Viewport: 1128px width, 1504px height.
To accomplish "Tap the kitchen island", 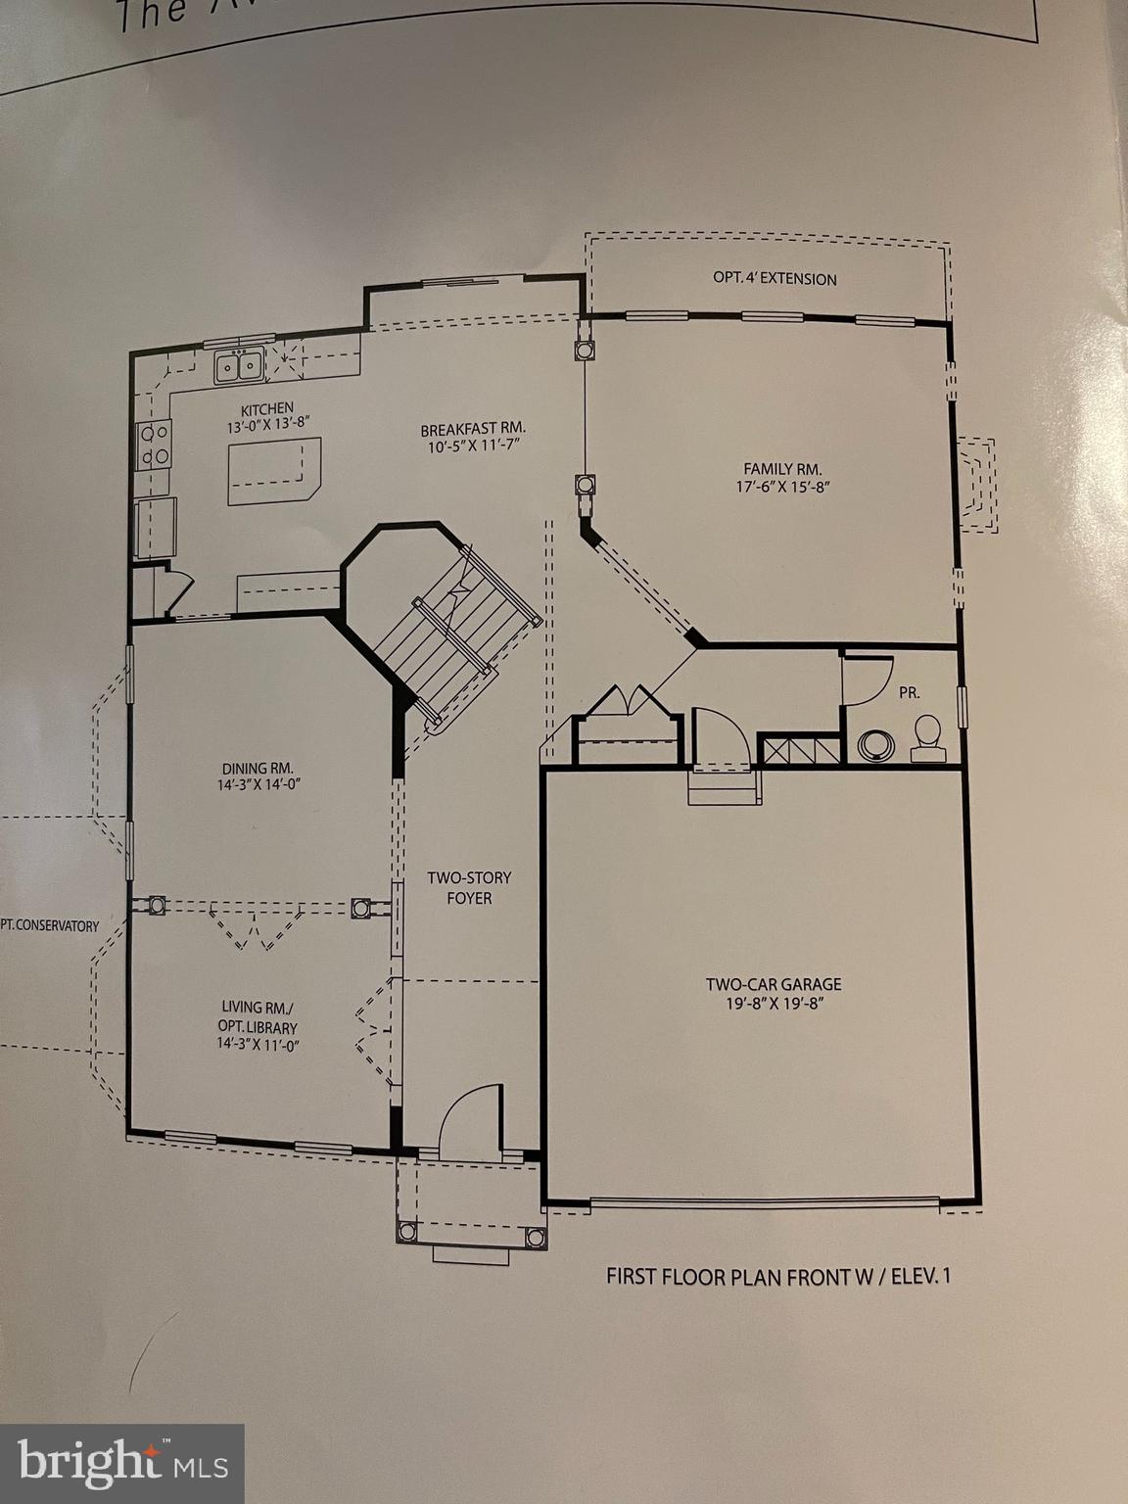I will point(273,471).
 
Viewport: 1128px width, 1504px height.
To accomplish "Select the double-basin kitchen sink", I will point(240,365).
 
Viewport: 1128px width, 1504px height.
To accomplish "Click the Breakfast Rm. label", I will point(473,430).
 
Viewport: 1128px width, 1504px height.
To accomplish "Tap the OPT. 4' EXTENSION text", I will point(775,279).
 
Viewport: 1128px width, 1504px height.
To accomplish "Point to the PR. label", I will point(909,692).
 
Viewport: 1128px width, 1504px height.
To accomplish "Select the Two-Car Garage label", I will point(774,984).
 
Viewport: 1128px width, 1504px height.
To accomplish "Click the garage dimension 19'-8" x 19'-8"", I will point(774,1003).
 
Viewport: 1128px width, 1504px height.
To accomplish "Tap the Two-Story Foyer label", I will point(469,887).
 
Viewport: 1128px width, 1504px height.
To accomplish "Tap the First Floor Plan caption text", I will point(778,1276).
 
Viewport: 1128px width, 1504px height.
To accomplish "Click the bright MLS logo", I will point(122,1464).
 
